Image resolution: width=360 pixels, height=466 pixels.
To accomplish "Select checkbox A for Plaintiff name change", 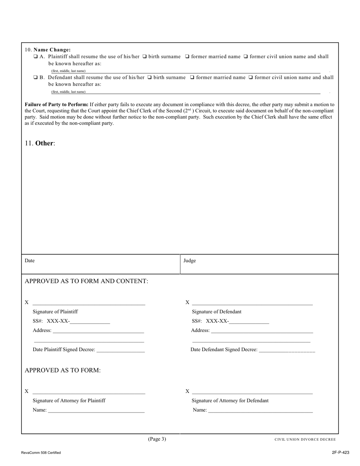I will click(x=35, y=57).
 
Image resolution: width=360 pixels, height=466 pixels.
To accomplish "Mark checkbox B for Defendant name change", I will click(x=35, y=78).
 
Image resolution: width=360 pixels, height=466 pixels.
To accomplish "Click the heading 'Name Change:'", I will click(x=52, y=50).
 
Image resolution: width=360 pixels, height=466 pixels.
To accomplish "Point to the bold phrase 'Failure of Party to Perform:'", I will click(x=56, y=105).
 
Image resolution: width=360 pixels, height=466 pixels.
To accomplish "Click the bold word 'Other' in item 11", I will click(x=45, y=143).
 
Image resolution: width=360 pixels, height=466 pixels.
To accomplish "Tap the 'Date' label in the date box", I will click(x=30, y=261).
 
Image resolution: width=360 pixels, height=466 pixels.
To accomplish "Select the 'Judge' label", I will click(x=189, y=261).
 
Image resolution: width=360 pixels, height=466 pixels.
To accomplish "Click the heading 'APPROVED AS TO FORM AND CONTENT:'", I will click(x=86, y=281).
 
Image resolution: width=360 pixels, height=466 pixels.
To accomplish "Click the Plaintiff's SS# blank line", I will click(x=90, y=323).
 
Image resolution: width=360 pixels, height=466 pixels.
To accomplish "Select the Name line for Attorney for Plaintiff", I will click(x=96, y=411).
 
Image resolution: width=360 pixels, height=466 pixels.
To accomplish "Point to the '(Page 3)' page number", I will click(x=157, y=439).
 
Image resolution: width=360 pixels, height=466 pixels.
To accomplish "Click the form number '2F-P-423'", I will click(x=340, y=452).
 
